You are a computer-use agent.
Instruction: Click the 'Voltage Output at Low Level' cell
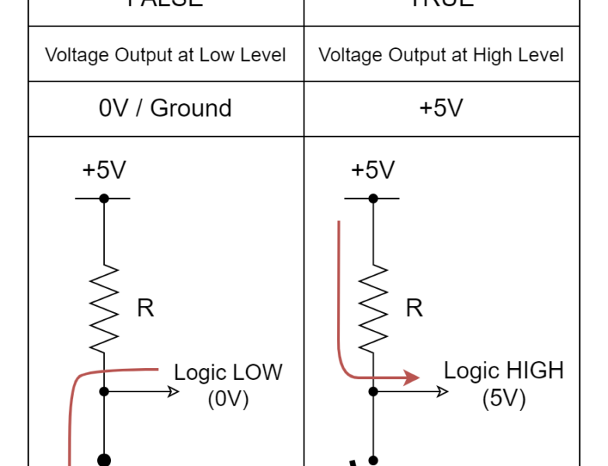(165, 55)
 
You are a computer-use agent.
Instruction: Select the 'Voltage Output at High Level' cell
(441, 55)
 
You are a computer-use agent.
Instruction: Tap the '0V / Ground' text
(165, 108)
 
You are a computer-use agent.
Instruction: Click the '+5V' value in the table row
(441, 108)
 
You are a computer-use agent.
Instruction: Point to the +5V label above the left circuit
(103, 170)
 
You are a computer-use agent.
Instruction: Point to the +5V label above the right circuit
(373, 170)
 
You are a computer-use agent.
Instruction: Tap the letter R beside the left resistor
(145, 308)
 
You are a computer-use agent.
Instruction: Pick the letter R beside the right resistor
(415, 308)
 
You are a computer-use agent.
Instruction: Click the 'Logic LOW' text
(228, 372)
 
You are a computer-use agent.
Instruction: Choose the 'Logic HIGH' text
(503, 370)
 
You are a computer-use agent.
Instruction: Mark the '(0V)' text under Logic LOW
(228, 399)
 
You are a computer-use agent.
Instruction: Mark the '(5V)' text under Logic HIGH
(503, 398)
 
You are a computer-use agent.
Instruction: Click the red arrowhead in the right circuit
(412, 378)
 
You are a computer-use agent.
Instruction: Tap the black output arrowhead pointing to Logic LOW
(174, 391)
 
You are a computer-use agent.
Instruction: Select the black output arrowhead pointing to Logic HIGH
(443, 391)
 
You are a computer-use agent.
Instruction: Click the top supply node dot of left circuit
(103, 198)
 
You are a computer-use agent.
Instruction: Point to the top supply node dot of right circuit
(373, 198)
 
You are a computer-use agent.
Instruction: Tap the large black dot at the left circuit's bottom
(103, 461)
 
